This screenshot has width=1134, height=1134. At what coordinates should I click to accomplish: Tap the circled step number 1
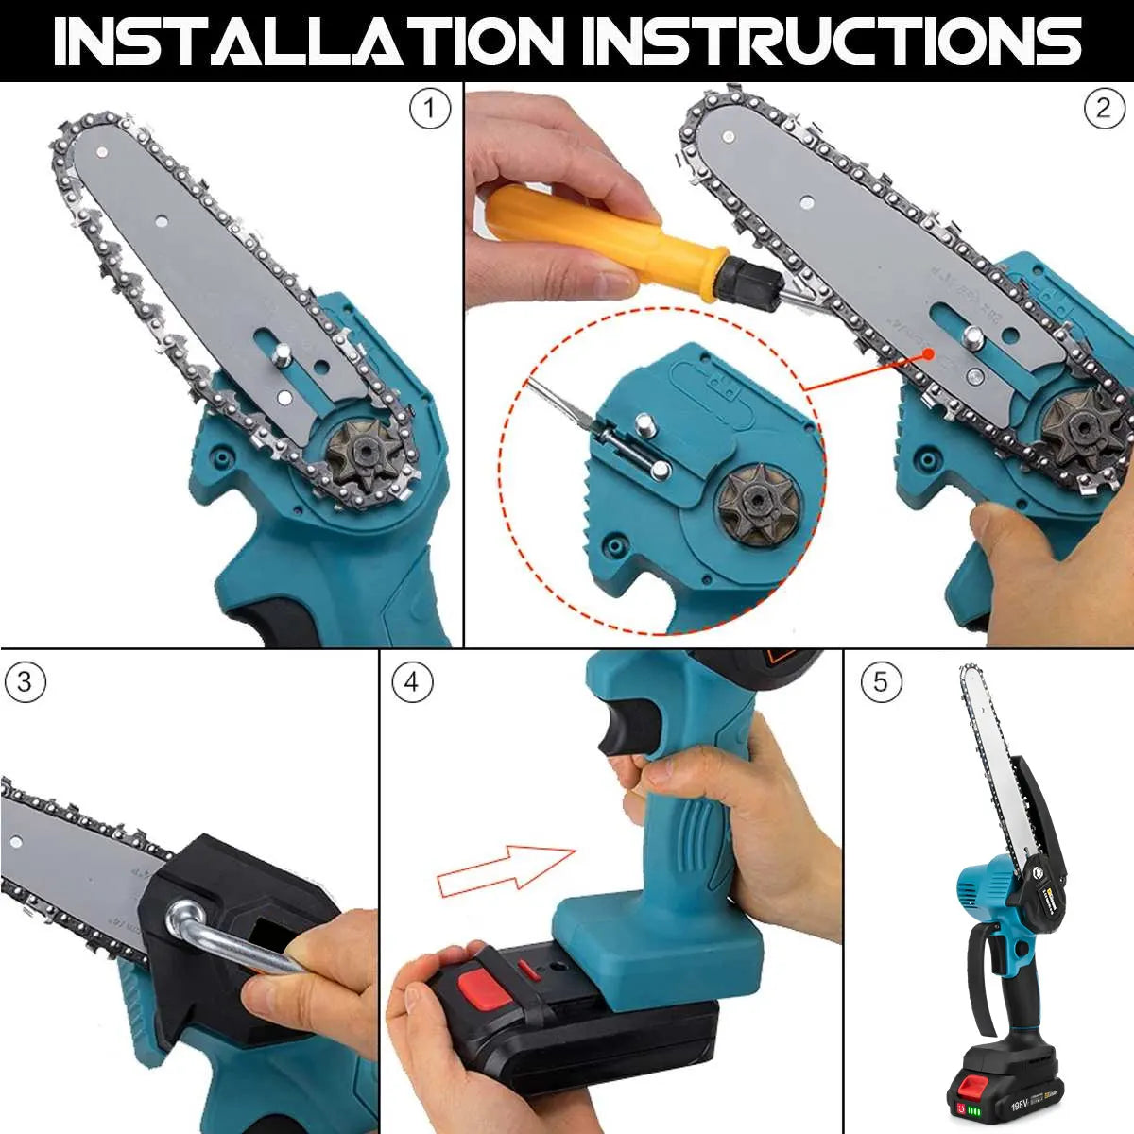point(429,110)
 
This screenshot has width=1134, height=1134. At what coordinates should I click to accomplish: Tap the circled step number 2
point(1103,110)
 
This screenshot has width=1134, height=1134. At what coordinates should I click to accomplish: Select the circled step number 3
point(25,682)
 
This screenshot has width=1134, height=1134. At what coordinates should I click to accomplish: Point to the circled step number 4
point(411,682)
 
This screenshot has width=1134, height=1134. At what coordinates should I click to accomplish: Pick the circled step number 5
point(881,682)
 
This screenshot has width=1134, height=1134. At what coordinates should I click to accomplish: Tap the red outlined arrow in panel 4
point(506,870)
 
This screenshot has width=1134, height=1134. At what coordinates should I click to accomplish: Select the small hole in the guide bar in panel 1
point(161,222)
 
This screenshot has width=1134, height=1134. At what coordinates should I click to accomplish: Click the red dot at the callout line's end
point(931,353)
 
